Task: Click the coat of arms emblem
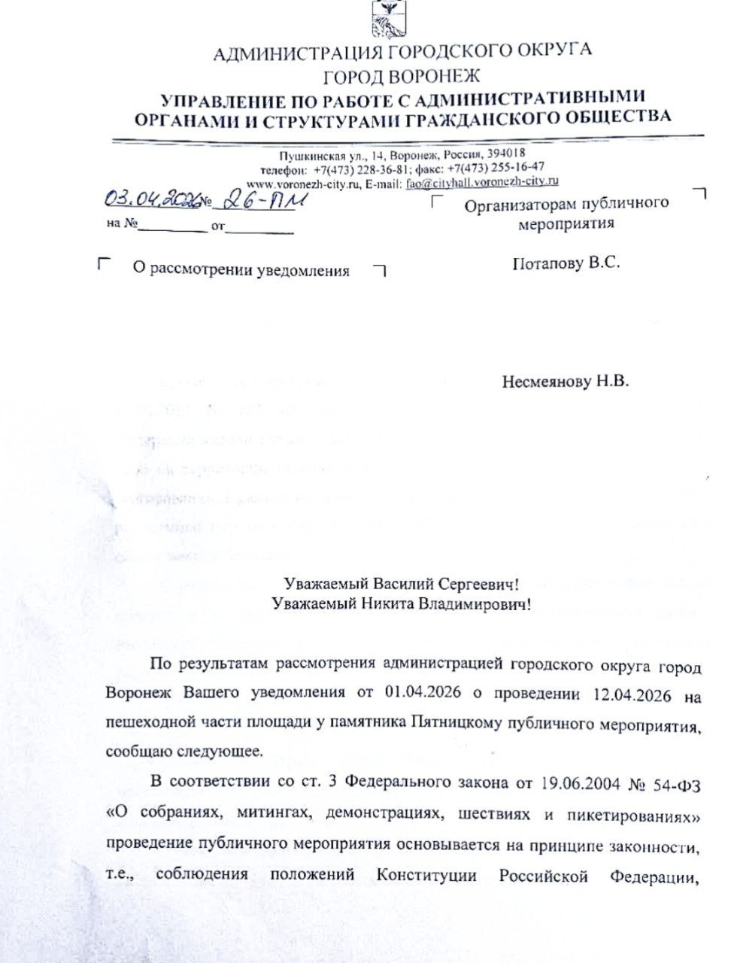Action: [x=389, y=19]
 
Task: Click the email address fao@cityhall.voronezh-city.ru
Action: [x=482, y=181]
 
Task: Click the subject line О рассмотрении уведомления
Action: [x=240, y=271]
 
